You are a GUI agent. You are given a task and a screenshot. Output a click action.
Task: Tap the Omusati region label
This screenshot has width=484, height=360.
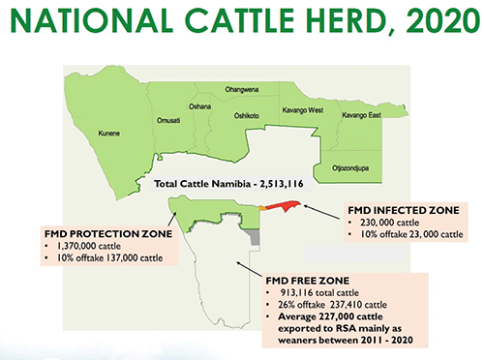168,119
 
